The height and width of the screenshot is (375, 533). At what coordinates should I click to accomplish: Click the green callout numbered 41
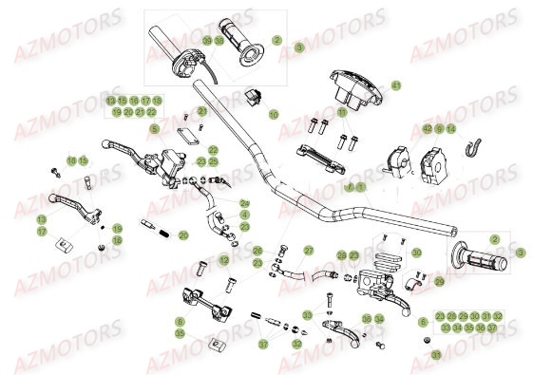[396, 84]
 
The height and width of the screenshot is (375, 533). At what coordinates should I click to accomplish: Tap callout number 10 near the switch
[273, 114]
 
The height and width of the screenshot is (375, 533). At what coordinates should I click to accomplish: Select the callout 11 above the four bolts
[342, 112]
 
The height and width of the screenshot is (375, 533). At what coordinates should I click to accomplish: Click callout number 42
[428, 128]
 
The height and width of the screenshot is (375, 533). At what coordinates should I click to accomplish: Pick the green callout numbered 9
[439, 128]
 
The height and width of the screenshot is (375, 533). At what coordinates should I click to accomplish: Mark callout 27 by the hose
[308, 251]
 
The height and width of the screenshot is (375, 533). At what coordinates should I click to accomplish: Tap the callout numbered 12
[224, 259]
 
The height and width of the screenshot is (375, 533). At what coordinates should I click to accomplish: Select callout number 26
[257, 251]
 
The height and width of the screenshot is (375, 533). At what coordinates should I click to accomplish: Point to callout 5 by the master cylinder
[154, 129]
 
